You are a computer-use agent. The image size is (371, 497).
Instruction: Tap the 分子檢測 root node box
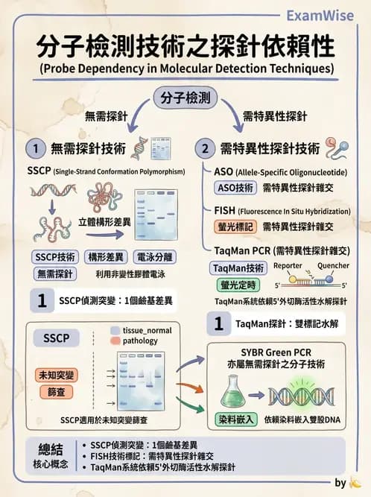pos(185,98)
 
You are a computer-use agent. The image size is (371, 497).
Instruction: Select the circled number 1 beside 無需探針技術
pos(33,148)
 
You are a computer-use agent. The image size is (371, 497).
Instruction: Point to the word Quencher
pos(333,266)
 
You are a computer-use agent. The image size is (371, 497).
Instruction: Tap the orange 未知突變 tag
pos(57,375)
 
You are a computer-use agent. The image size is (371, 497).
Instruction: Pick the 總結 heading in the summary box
pos(54,449)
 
